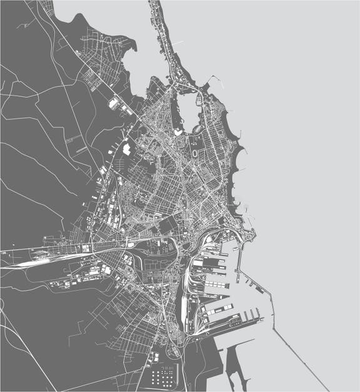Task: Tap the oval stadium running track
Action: click(x=197, y=152)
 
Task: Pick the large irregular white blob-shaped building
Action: click(x=127, y=149)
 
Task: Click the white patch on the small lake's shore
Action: click(x=179, y=132)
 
